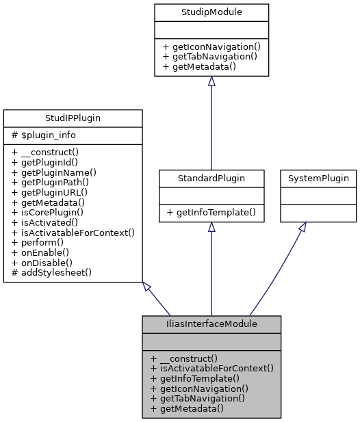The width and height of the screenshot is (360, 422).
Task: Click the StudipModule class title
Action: point(211,12)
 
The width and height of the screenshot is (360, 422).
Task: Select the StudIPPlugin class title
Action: point(73,118)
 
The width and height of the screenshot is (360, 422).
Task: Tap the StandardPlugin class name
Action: point(211,179)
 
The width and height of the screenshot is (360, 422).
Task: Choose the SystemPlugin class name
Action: point(318,179)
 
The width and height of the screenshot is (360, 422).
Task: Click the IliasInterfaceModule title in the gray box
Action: point(211,324)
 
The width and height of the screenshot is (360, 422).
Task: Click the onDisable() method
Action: point(46,262)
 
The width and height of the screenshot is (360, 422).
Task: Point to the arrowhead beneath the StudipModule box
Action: point(211,81)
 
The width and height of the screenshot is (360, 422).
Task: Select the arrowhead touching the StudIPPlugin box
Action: point(146,287)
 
